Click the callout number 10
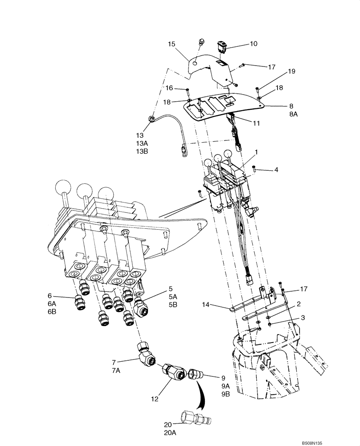click(x=253, y=44)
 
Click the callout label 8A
click(x=294, y=114)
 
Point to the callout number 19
click(x=278, y=71)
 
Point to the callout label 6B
click(x=52, y=312)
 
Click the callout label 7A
click(x=117, y=371)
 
